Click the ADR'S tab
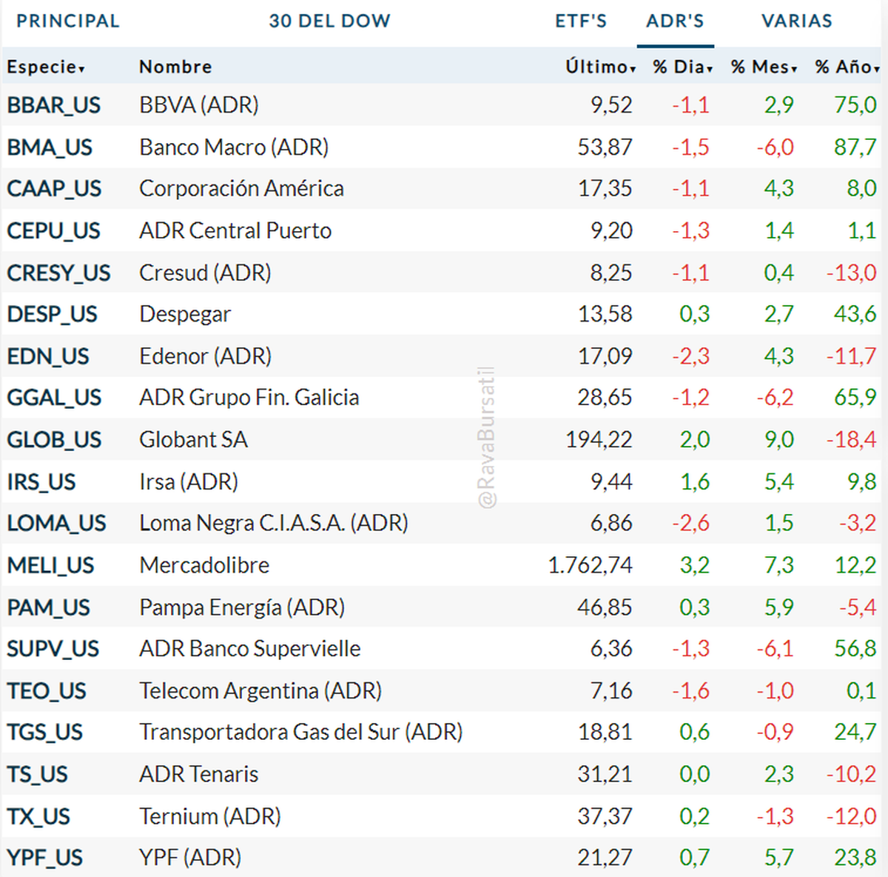coord(675,21)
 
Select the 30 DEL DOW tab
coord(329,21)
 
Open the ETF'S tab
coord(581,21)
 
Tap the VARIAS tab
coord(797,21)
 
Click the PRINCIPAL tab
coord(68,21)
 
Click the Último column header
coord(600,67)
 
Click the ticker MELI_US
coord(50,565)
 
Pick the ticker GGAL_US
coord(54,398)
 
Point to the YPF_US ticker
coord(44,858)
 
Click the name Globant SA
coord(193,440)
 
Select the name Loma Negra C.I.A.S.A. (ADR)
coord(274,524)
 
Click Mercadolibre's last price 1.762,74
coord(590,565)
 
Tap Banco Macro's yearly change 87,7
coord(855,147)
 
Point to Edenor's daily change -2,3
coord(690,356)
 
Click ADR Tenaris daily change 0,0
coord(695,774)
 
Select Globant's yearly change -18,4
coord(851,440)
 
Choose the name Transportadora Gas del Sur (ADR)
coord(301,733)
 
